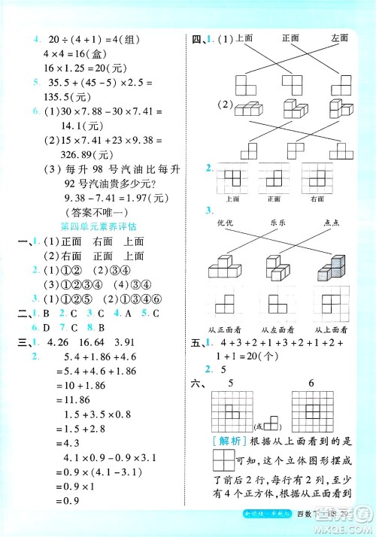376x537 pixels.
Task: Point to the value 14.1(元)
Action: pyautogui.click(x=83, y=126)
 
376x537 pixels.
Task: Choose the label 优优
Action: pyautogui.click(x=225, y=222)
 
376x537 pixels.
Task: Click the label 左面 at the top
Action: pyautogui.click(x=338, y=38)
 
